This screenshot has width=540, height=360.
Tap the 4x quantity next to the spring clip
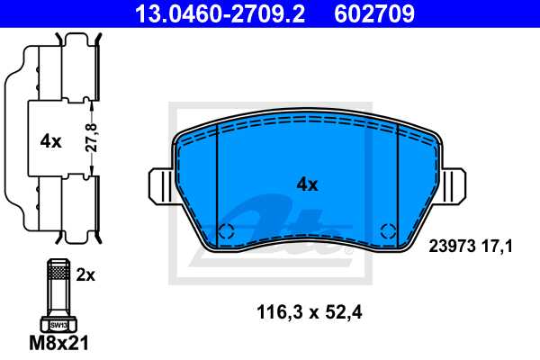point(50,141)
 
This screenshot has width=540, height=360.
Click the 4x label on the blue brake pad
point(308,184)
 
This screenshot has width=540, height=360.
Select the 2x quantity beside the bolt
point(85,276)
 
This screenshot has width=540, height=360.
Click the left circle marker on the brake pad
point(227,229)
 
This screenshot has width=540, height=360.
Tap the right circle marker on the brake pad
point(388,229)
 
